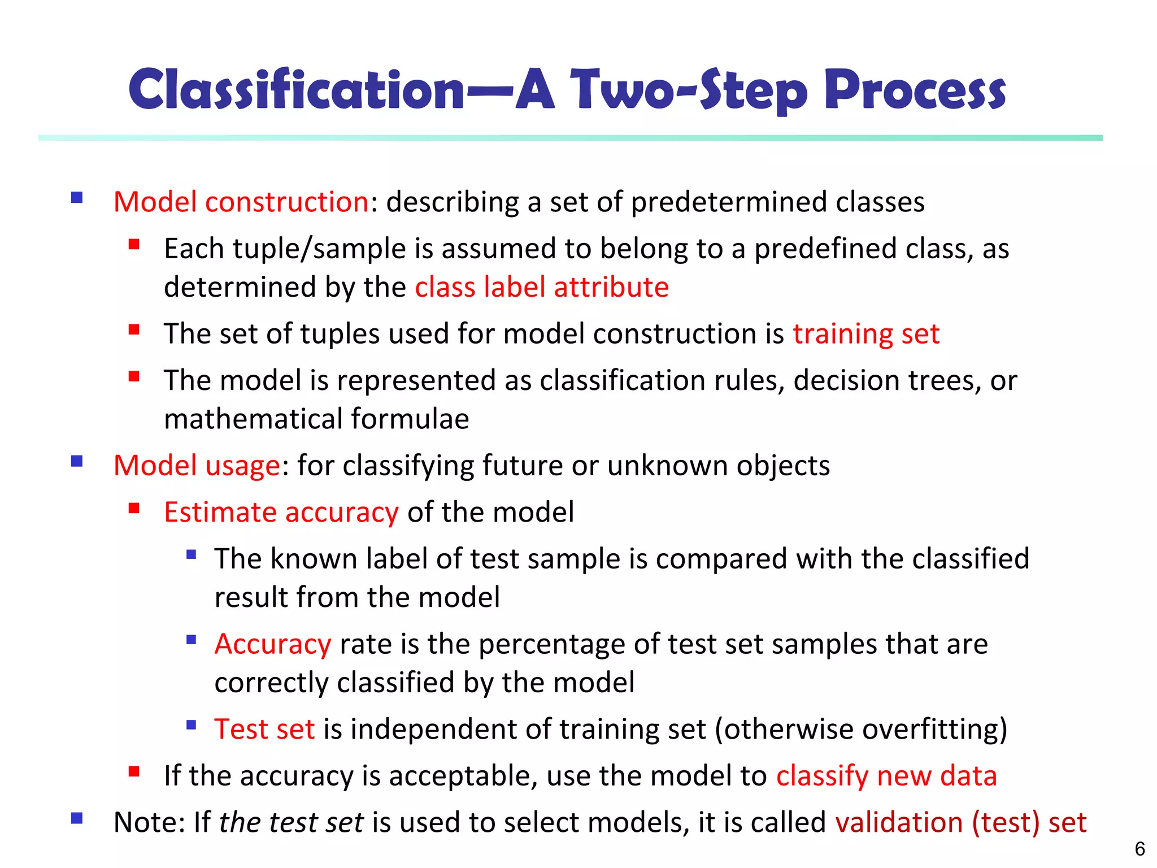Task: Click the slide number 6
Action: pyautogui.click(x=1139, y=849)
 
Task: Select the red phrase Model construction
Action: pyautogui.click(x=241, y=202)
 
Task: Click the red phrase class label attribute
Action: pyautogui.click(x=542, y=287)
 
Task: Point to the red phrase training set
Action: pyautogui.click(x=866, y=333)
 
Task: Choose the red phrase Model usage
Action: pyautogui.click(x=197, y=466)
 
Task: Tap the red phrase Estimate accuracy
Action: pyautogui.click(x=281, y=512)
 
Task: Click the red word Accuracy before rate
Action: pyautogui.click(x=273, y=644)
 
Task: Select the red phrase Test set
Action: pyautogui.click(x=264, y=729)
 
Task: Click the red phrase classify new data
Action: pyautogui.click(x=886, y=775)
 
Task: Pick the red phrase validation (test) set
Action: pyautogui.click(x=960, y=822)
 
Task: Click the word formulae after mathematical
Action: pyautogui.click(x=410, y=419)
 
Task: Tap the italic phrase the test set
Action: pyautogui.click(x=291, y=822)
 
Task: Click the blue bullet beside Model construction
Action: pyautogui.click(x=77, y=198)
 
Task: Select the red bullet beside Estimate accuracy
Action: pyautogui.click(x=134, y=508)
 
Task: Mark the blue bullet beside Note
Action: pyautogui.click(x=77, y=818)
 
